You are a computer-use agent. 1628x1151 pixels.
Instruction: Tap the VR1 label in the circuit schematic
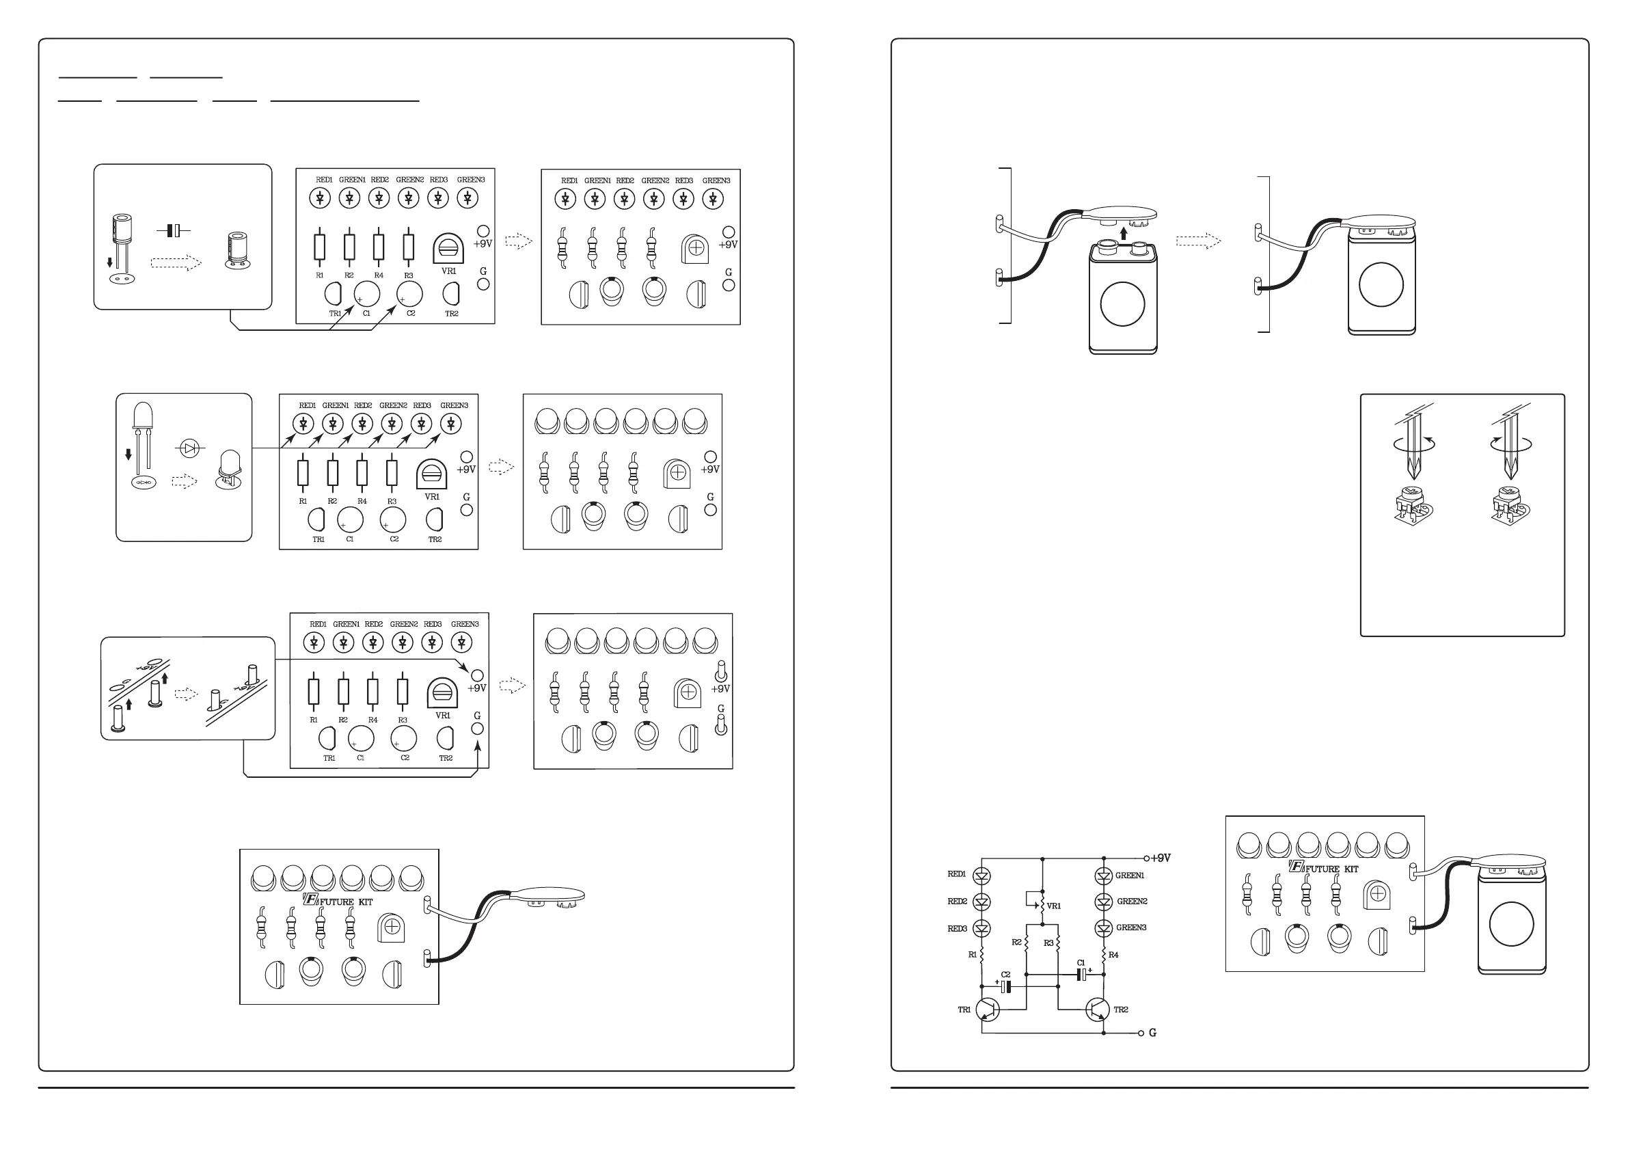point(1054,906)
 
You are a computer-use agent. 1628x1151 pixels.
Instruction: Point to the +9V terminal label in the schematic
point(1160,858)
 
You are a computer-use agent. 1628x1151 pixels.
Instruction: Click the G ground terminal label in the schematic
point(1152,1033)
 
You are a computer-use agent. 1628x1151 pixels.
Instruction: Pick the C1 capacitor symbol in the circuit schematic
point(1082,975)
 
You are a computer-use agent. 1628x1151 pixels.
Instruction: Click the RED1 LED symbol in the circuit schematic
point(982,876)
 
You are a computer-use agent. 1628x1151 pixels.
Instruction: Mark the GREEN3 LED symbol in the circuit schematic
point(1103,928)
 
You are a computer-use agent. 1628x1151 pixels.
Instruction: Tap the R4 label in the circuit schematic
point(1113,956)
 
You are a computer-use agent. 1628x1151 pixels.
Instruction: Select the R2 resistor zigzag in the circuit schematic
point(1027,943)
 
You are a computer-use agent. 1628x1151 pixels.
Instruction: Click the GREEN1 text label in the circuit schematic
point(1130,875)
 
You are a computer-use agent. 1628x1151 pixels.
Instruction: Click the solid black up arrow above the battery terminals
point(1123,232)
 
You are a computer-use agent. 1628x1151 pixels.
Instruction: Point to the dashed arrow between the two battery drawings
point(1198,241)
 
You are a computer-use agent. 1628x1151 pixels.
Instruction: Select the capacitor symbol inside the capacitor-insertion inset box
point(174,230)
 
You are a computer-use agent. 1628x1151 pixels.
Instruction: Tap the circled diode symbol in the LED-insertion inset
point(189,448)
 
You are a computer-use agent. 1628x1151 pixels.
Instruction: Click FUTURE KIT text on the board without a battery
point(345,902)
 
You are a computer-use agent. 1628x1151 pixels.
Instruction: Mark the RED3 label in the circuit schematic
point(958,928)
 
